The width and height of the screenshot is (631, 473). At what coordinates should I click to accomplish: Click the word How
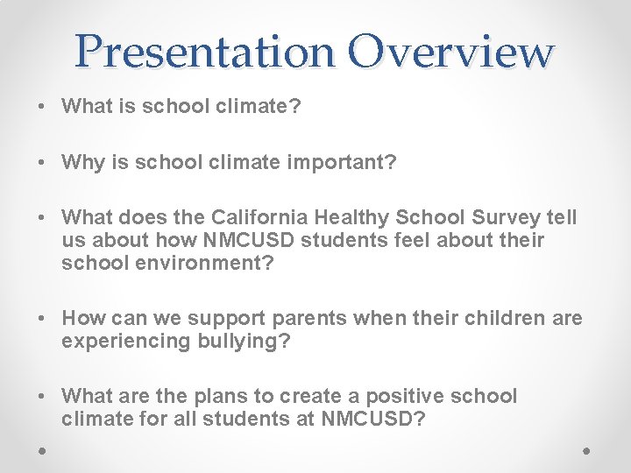point(83,318)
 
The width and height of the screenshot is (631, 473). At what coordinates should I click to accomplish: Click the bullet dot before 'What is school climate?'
point(42,107)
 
